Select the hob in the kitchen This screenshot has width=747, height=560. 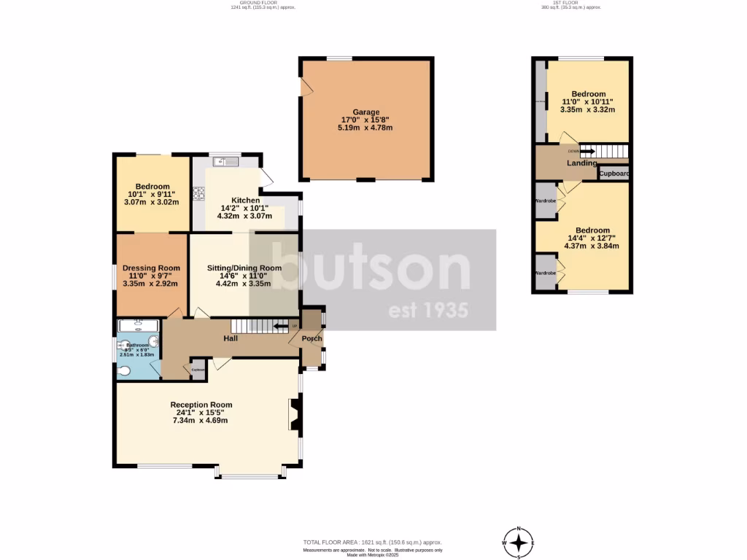198,193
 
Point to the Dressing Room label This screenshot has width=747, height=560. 151,268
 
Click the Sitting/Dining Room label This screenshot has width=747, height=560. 244,268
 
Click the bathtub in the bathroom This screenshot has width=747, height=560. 139,325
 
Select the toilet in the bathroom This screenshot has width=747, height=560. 125,370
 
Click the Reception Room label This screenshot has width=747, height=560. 201,405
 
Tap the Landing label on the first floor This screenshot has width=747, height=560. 582,163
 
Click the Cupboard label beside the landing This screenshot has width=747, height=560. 614,174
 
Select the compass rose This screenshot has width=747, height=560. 519,542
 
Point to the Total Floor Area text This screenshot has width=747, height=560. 373,542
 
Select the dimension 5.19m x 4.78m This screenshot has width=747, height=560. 365,128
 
